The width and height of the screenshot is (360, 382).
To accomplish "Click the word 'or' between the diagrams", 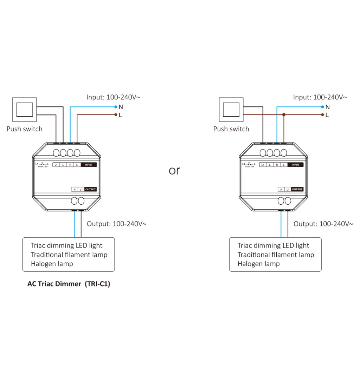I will point(174,171).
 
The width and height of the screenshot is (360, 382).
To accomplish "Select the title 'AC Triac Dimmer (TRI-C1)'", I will point(69,284).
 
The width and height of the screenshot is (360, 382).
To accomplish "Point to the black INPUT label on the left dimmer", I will point(89,165).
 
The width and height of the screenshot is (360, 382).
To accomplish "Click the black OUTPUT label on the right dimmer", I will point(297,190).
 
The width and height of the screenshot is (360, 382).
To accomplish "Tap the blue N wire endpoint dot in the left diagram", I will point(116,106).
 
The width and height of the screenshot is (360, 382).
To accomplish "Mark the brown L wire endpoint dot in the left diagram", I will point(116,115).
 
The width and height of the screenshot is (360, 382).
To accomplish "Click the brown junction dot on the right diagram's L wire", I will point(284,115).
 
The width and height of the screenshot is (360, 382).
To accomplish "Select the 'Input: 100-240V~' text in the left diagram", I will point(113,97).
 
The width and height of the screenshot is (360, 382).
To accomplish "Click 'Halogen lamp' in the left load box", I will point(52,264).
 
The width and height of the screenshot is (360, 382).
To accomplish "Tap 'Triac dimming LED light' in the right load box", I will point(273,245).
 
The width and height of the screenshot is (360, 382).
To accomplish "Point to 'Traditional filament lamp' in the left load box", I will point(69,255).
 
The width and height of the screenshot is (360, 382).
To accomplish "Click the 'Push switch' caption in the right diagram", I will point(231,129).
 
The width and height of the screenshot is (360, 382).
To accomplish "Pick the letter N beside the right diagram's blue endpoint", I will point(328,107).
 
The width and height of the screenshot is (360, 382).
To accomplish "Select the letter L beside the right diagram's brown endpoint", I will point(327,115).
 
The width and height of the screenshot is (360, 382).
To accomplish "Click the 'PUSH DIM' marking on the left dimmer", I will point(43,166).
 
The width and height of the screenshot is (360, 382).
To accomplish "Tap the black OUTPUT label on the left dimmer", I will point(90,190).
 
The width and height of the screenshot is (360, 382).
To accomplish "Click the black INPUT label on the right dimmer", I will point(295,165).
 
